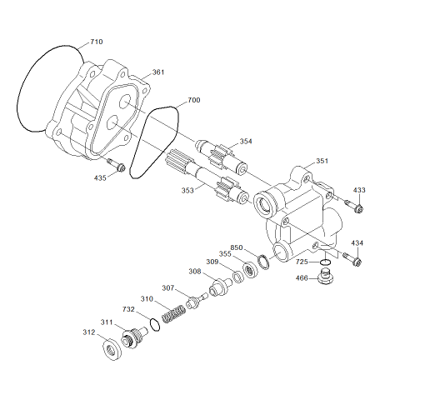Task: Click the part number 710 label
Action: coord(97,42)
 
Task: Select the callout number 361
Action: coord(158,72)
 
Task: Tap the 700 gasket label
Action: coord(194,100)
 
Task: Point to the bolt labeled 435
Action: coord(116,165)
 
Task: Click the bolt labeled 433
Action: coord(354,206)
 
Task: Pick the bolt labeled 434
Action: coord(352,259)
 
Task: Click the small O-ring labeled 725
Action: coord(325,262)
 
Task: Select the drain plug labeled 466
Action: coord(325,277)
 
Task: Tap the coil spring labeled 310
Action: coord(174,314)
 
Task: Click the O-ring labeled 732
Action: coord(154,325)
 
